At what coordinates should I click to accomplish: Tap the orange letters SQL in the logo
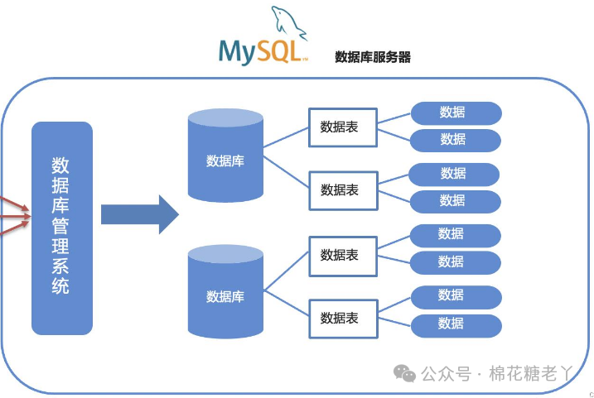pos(281,51)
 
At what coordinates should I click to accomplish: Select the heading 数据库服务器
pos(373,57)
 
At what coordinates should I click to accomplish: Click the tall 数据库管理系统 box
pos(61,228)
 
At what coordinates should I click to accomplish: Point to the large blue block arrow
pos(139,214)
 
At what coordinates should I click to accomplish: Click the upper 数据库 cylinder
pos(225,157)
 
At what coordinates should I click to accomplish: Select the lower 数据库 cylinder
pos(225,293)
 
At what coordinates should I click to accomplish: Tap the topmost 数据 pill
pos(456,113)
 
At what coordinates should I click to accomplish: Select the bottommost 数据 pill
pos(456,324)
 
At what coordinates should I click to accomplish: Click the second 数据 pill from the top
pos(456,139)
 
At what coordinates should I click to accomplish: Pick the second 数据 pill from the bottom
pos(456,295)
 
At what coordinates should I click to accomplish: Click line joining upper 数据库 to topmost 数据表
pos(286,139)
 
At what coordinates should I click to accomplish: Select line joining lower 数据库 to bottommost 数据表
pos(286,305)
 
